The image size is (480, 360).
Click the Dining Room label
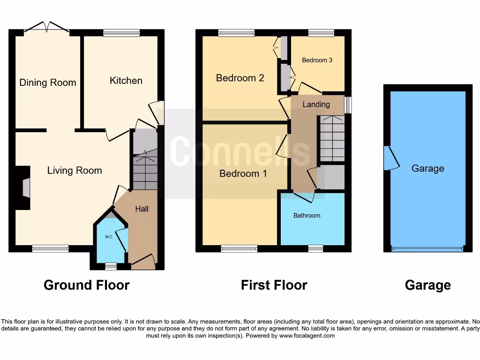pyautogui.click(x=47, y=83)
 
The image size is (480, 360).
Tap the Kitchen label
pyautogui.click(x=126, y=81)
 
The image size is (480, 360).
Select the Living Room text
pyautogui.click(x=75, y=171)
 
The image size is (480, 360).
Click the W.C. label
pyautogui.click(x=109, y=237)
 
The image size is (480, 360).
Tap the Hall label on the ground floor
pyautogui.click(x=142, y=209)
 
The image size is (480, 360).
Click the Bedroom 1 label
pyautogui.click(x=243, y=174)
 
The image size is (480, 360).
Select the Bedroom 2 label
pyautogui.click(x=240, y=78)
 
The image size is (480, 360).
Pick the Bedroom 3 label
pyautogui.click(x=317, y=60)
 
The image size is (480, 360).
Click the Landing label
pyautogui.click(x=316, y=105)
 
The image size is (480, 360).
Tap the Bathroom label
pyautogui.click(x=307, y=216)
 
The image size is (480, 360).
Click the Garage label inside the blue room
pyautogui.click(x=427, y=169)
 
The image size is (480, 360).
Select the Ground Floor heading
pyautogui.click(x=86, y=285)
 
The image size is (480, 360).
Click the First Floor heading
pyautogui.click(x=274, y=285)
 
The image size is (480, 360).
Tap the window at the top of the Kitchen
pyautogui.click(x=121, y=33)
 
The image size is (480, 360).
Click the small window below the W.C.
pyautogui.click(x=111, y=267)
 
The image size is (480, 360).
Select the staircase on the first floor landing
pyautogui.click(x=332, y=138)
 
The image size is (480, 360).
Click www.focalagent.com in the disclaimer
pyautogui.click(x=307, y=336)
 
